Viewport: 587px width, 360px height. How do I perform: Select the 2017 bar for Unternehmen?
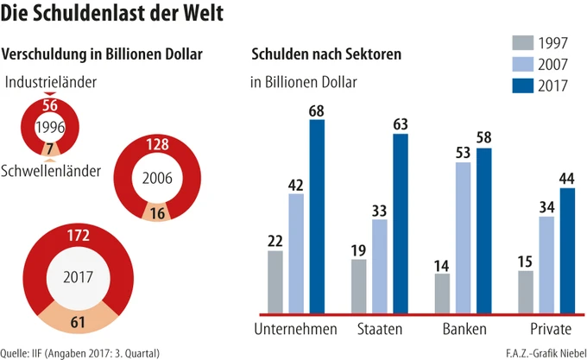[x=317, y=216]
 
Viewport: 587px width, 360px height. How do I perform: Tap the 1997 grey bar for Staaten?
[x=358, y=286]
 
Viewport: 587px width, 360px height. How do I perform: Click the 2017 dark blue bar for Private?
[x=567, y=250]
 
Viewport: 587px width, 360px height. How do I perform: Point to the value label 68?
[x=317, y=111]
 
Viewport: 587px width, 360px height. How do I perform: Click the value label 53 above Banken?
[x=464, y=153]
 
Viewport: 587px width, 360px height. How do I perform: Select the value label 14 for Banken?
[x=442, y=264]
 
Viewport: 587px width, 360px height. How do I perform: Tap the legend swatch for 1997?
[x=522, y=43]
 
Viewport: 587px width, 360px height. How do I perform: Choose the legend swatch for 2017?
[x=522, y=85]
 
